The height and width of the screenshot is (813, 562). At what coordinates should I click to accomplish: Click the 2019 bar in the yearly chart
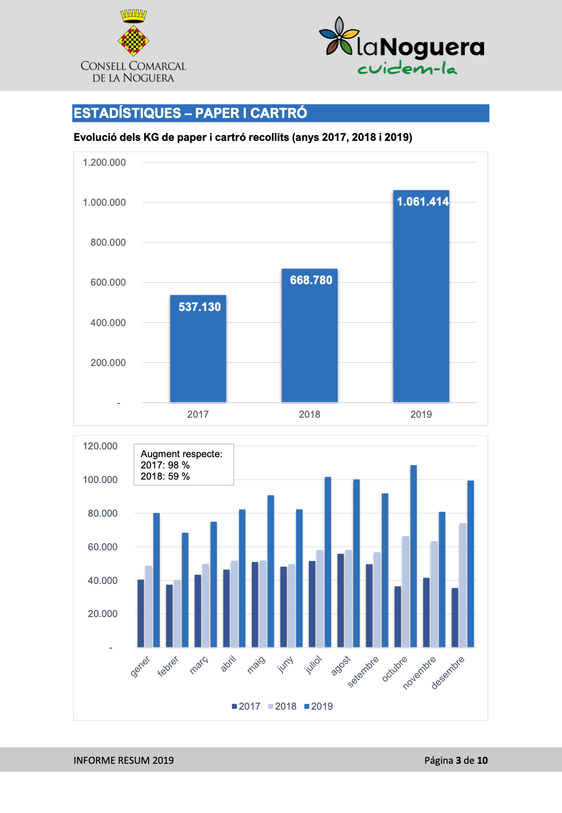[x=421, y=296]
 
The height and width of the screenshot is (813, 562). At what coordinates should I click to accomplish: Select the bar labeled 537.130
[x=198, y=349]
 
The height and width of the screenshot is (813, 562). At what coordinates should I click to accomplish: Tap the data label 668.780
[x=311, y=280]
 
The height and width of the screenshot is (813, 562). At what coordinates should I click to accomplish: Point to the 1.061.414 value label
[x=423, y=202]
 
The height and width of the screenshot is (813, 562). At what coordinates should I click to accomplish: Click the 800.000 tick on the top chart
[x=108, y=242]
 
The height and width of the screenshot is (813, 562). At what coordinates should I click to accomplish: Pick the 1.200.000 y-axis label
[x=104, y=162]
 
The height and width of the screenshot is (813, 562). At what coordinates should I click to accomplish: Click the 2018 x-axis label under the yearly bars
[x=309, y=414]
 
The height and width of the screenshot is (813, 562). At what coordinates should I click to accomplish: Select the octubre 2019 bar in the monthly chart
[x=413, y=556]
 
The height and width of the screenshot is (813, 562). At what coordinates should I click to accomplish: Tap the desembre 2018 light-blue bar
[x=463, y=585]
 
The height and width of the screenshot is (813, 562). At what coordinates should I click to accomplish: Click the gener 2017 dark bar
[x=141, y=613]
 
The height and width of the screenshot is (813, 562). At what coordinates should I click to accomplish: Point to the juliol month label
[x=313, y=665]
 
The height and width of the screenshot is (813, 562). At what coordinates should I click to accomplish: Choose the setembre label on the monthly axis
[x=363, y=672]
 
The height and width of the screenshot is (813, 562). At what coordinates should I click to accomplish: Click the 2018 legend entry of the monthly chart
[x=282, y=706]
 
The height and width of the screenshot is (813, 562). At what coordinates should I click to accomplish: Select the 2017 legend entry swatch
[x=234, y=706]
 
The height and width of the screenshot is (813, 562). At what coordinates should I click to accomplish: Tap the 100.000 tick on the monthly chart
[x=100, y=480]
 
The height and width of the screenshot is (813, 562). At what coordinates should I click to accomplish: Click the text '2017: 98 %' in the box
[x=165, y=465]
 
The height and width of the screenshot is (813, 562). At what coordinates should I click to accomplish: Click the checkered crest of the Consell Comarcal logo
[x=133, y=40]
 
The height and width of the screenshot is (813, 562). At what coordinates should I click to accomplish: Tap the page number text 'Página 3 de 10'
[x=456, y=760]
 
